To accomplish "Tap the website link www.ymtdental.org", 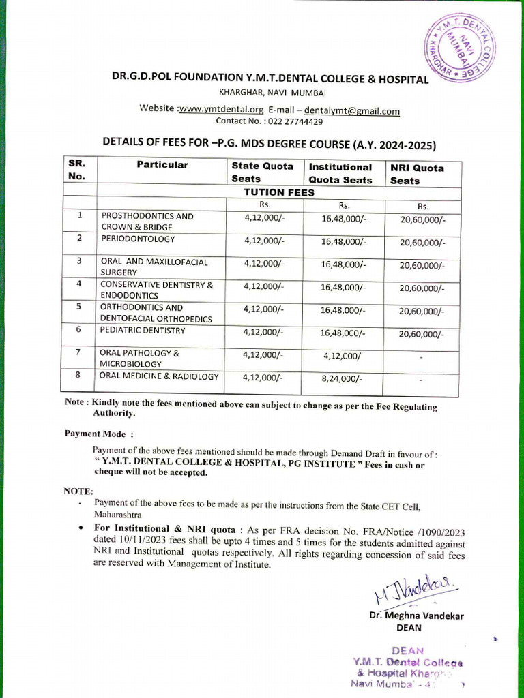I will tap(220, 109).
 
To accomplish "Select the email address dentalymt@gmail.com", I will tap(351, 110).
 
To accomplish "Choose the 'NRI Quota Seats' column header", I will tap(417, 174).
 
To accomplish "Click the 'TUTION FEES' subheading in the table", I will tap(279, 192).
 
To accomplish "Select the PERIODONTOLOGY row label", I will tap(138, 239).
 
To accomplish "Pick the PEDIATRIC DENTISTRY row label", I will tap(143, 331).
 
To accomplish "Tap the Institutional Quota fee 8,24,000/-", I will tap(343, 378).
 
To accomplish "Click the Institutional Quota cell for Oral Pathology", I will tap(343, 355).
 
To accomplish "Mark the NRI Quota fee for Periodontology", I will tap(422, 243).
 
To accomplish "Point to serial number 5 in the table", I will tap(79, 307).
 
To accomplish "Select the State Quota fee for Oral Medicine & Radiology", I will tap(263, 377).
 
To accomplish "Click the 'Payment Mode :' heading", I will tap(99, 434).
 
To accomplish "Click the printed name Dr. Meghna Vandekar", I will tap(416, 616).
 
